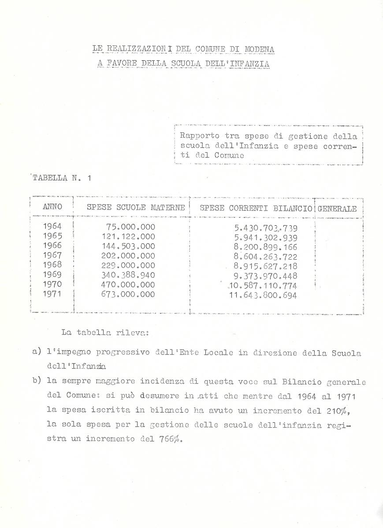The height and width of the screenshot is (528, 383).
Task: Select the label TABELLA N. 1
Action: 61,178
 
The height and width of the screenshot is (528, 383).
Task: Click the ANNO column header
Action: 52,207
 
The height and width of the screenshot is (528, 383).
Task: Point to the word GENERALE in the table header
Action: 337,209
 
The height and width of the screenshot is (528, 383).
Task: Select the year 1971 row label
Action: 52,294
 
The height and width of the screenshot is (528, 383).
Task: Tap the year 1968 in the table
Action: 52,265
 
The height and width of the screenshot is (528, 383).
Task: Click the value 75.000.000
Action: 130,227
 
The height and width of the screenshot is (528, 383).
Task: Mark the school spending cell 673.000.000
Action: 128,295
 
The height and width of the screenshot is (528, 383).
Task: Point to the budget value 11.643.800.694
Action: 263,295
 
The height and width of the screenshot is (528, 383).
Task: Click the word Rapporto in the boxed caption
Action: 199,136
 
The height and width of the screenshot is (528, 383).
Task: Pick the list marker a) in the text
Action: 37,352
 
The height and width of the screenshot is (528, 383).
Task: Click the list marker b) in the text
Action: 37,381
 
